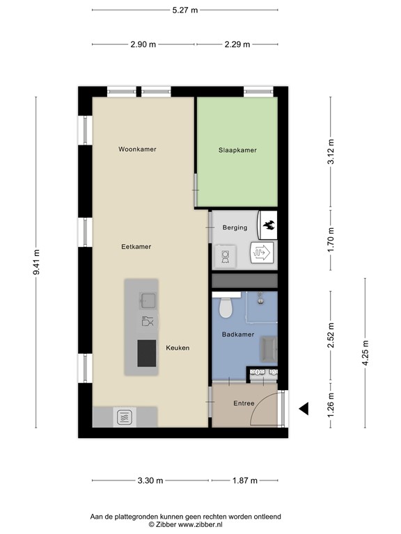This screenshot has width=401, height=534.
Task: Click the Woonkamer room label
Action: (x=137, y=149)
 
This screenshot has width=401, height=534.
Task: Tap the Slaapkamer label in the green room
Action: (x=237, y=149)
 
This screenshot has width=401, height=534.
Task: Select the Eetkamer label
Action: (x=136, y=246)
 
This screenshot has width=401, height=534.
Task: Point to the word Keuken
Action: (x=178, y=348)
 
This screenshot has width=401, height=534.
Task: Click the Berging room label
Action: (x=235, y=227)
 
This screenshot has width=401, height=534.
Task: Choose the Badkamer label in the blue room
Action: (x=237, y=334)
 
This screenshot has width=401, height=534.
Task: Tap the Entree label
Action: (x=244, y=403)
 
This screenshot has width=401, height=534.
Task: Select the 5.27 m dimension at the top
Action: (x=184, y=10)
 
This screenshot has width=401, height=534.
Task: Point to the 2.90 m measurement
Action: (x=143, y=44)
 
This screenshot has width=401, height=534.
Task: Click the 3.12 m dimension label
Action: (x=331, y=152)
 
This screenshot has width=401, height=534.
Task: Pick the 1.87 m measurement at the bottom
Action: (x=244, y=480)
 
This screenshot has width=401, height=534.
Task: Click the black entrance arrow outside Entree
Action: (x=304, y=410)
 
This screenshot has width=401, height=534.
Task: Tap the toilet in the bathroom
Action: (x=225, y=306)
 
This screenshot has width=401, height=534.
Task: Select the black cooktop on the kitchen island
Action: (x=147, y=353)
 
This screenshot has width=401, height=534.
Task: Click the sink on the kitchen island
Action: (x=148, y=300)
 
